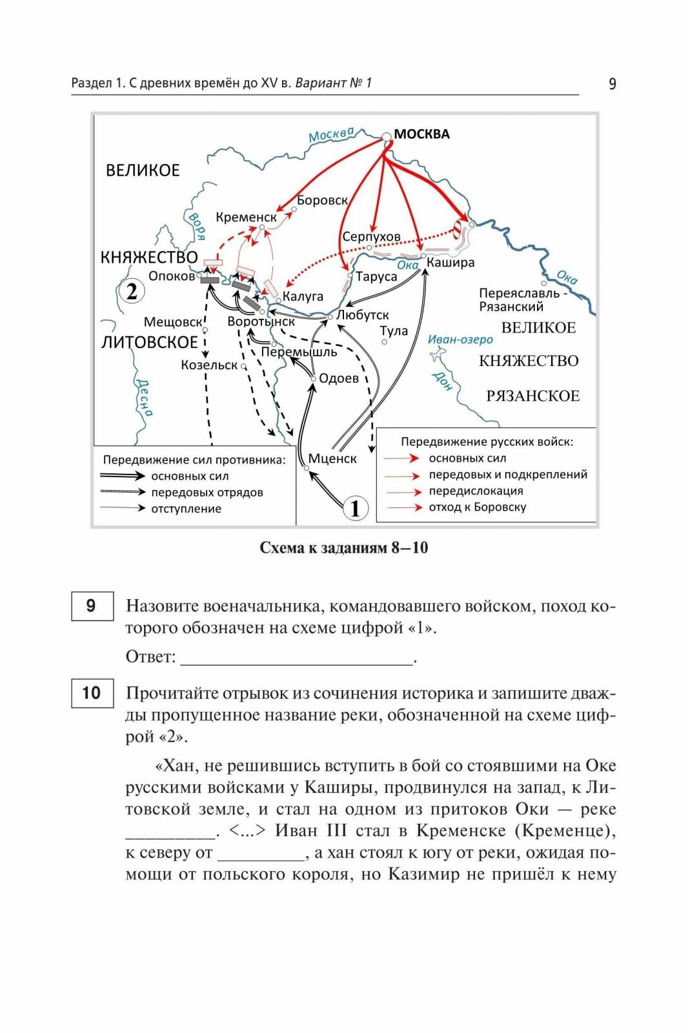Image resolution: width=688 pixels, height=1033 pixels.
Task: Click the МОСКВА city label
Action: coord(421,134)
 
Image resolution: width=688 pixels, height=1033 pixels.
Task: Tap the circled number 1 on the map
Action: coord(355,508)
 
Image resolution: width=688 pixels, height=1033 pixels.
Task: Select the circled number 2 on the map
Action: coord(132,292)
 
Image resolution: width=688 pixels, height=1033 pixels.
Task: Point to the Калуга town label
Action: coord(303,296)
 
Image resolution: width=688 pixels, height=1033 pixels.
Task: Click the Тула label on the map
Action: coord(394,331)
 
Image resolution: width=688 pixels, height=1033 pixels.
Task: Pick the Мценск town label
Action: coord(332,458)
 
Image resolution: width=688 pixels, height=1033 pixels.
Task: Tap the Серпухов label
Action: coord(371,237)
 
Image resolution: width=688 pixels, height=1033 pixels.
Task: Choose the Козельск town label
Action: coord(209,365)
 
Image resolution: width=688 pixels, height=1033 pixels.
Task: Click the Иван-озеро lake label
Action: coord(460,340)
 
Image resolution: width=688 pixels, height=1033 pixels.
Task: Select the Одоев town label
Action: coord(339,378)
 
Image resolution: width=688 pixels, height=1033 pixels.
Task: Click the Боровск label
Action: coord(322,200)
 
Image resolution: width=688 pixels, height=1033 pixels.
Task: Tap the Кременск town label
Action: coord(246,218)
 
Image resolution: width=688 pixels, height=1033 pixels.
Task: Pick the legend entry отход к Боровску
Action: coord(478,507)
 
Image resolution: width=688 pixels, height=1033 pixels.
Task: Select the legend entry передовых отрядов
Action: coord(207,492)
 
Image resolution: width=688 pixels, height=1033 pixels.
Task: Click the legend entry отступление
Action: coord(186,509)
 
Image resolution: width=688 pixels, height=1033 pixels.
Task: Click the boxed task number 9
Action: coord(92,606)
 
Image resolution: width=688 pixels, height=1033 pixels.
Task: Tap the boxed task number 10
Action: coord(92,693)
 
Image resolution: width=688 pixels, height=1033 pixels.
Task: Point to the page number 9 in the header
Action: coord(612,84)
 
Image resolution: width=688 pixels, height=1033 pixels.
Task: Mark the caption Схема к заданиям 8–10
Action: coord(343,547)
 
